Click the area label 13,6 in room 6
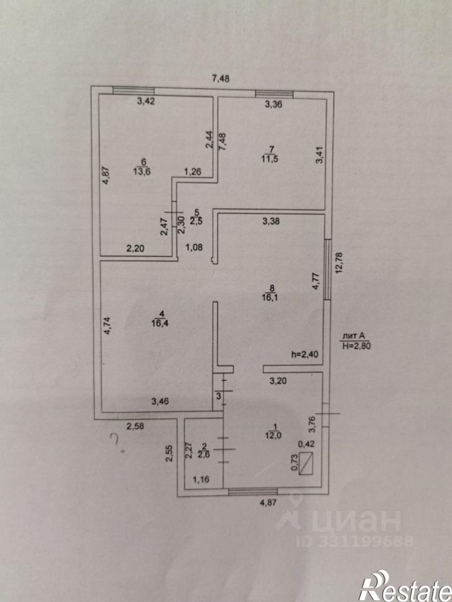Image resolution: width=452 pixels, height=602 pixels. click(x=142, y=172)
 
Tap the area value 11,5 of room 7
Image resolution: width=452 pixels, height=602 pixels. click(x=271, y=159)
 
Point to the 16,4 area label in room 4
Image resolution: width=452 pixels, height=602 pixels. click(x=160, y=323)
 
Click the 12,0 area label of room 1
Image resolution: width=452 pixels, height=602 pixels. click(x=274, y=435)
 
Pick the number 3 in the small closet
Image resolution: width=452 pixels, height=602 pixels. click(x=218, y=396)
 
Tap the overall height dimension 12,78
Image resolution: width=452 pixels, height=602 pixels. click(x=339, y=262)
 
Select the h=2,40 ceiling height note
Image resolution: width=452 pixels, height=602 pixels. click(x=305, y=354)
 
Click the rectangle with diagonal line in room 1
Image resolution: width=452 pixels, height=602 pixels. click(x=306, y=463)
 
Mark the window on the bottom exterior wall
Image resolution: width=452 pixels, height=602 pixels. click(x=252, y=491)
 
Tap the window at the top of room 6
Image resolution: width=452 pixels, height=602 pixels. click(x=133, y=91)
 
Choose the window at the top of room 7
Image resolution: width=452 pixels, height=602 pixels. click(x=274, y=93)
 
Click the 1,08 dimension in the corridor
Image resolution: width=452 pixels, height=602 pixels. click(x=194, y=248)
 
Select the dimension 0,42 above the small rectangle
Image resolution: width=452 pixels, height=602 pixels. click(x=306, y=444)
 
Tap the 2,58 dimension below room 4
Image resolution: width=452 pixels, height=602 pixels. click(x=135, y=426)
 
